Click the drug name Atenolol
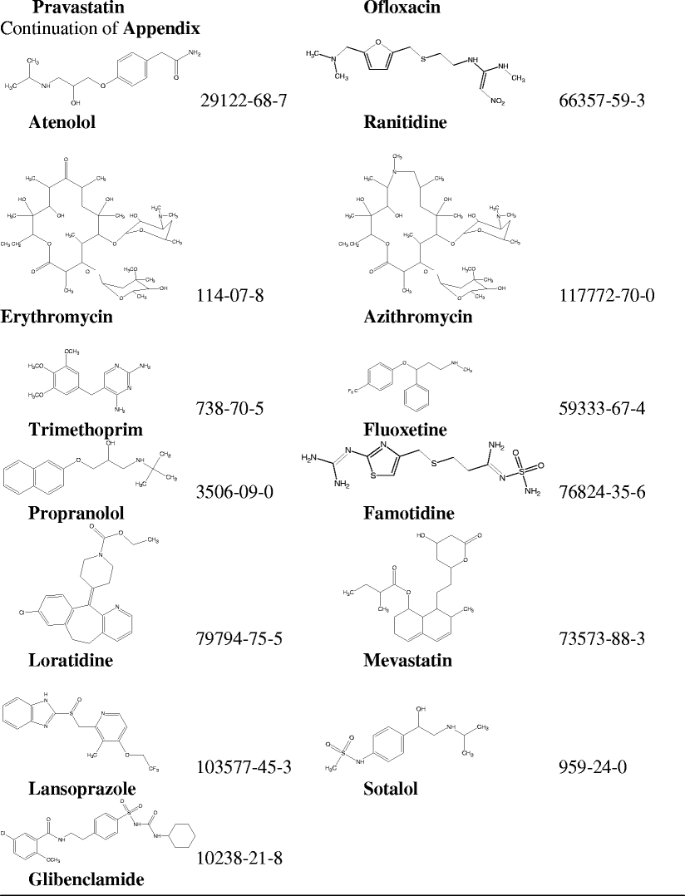[x=62, y=123]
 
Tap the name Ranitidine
[x=405, y=123]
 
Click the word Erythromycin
[x=57, y=317]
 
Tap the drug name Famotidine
[x=407, y=512]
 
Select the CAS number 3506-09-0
[x=236, y=491]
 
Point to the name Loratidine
[x=70, y=661]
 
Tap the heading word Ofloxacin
[x=402, y=8]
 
